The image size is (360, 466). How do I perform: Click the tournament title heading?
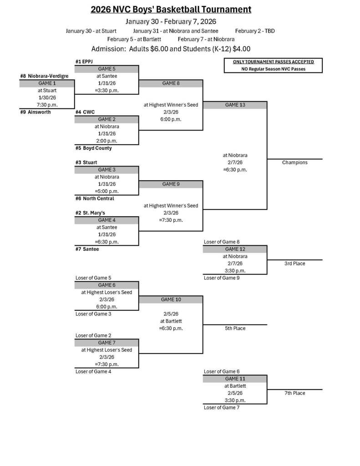click(x=171, y=10)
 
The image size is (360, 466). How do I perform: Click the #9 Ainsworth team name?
click(x=35, y=112)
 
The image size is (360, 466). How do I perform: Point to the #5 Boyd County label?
click(x=94, y=148)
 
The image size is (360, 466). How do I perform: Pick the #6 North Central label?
click(x=95, y=198)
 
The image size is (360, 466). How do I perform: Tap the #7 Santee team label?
click(x=87, y=249)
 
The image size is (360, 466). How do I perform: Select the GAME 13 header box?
click(x=235, y=105)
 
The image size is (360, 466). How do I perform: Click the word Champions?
click(x=294, y=162)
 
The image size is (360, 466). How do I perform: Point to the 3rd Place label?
click(x=294, y=263)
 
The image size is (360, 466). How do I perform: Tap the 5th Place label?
click(x=235, y=328)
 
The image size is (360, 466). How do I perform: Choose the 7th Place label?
click(x=294, y=393)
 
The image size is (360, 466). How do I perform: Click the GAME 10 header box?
click(x=171, y=300)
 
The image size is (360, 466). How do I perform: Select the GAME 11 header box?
click(x=235, y=379)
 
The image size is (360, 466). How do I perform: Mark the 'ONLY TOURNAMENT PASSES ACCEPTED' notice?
click(x=273, y=62)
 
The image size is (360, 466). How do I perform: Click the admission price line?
click(x=171, y=49)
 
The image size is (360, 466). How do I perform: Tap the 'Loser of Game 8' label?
click(x=222, y=242)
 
